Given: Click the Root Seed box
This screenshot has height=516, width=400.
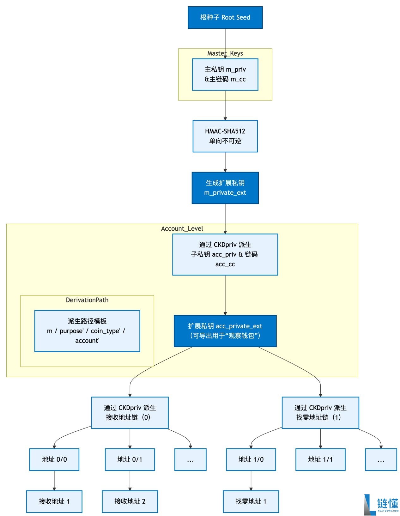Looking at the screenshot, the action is click(x=225, y=17).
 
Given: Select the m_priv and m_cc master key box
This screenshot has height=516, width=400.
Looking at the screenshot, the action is click(x=225, y=74).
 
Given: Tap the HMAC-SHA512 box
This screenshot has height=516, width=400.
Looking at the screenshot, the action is click(x=225, y=136).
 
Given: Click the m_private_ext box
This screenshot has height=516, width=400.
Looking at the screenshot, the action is click(x=225, y=188).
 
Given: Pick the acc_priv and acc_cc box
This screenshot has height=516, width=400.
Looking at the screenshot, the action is click(x=225, y=254).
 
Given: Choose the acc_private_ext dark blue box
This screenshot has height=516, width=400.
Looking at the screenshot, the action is click(x=225, y=331).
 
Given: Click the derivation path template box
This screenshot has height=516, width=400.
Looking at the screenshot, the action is click(x=87, y=331).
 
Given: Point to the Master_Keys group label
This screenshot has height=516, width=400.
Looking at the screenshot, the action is click(x=225, y=53).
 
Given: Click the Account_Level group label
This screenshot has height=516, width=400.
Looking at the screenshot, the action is click(x=182, y=228).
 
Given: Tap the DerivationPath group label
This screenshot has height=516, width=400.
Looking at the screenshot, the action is click(x=87, y=300).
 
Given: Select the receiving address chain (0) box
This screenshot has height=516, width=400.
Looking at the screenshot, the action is click(x=130, y=412).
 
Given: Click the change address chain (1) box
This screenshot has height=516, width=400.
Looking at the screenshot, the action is click(x=320, y=412).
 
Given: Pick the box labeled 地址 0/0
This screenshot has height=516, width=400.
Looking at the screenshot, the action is click(x=54, y=459).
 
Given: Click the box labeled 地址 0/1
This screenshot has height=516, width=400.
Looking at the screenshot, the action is click(x=130, y=459).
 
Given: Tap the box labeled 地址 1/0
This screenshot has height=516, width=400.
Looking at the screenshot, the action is click(x=251, y=459).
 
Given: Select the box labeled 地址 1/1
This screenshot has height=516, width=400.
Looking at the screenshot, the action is click(x=320, y=459).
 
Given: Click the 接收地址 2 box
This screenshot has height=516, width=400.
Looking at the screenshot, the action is click(x=130, y=501).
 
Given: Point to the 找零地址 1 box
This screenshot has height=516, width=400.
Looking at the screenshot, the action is click(x=251, y=501).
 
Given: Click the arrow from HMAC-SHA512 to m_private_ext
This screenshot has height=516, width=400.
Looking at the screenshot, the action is click(x=225, y=162).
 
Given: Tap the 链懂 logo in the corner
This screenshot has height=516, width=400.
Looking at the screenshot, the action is click(x=381, y=505).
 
